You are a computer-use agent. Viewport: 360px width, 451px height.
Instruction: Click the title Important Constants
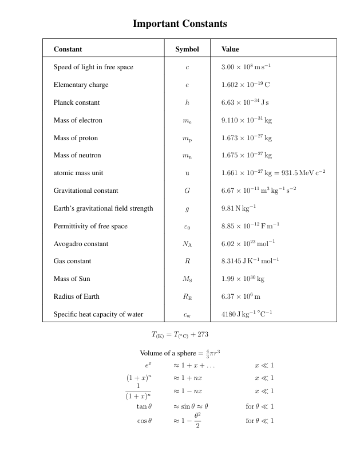click(180, 23)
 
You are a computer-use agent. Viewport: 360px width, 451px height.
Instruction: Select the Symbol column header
click(187, 50)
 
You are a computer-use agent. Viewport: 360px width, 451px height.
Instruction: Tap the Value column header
click(230, 50)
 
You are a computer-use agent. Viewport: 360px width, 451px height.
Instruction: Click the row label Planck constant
click(77, 102)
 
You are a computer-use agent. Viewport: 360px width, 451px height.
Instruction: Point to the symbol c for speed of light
click(187, 68)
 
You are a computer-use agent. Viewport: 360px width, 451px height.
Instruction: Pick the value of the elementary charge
click(246, 85)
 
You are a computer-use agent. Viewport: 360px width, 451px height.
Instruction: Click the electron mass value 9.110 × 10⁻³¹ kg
click(247, 120)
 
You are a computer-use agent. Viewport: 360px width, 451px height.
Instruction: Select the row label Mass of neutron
click(79, 155)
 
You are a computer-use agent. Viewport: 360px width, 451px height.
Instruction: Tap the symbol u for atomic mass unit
click(187, 173)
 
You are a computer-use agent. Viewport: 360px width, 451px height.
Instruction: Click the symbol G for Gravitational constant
click(187, 191)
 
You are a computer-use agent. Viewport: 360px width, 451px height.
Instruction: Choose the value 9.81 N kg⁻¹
click(239, 208)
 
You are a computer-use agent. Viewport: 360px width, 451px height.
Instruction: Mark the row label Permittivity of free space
click(90, 226)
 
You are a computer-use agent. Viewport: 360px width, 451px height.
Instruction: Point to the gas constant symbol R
click(187, 262)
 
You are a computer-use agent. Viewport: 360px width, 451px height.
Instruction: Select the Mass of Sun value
click(243, 279)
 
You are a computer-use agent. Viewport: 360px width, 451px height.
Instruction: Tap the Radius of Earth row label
click(77, 296)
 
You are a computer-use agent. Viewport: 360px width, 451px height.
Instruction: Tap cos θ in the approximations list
click(144, 421)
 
